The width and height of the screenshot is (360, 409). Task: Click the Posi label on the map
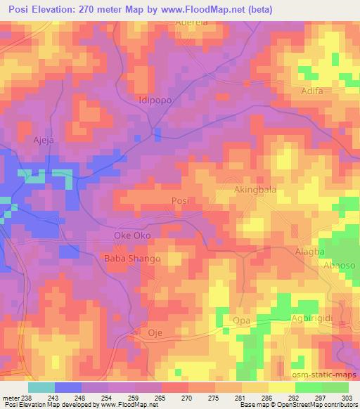pyautogui.click(x=181, y=201)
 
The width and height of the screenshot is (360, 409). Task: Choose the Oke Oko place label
pyautogui.click(x=132, y=235)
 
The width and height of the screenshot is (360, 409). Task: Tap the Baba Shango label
pyautogui.click(x=132, y=259)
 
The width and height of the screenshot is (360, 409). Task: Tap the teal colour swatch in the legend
pyautogui.click(x=41, y=387)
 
